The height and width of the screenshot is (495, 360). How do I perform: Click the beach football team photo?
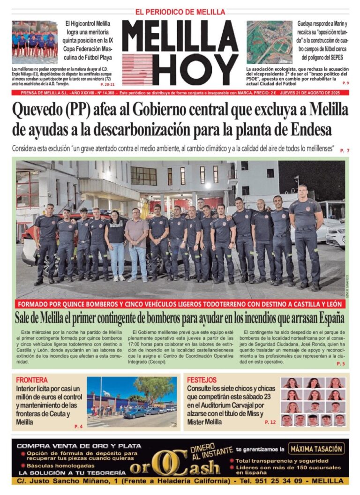[x=35, y=42]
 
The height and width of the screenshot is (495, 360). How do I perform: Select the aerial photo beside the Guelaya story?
[x=269, y=42]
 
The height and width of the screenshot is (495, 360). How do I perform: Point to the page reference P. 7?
[x=345, y=150]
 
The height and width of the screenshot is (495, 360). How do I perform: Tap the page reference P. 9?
[x=345, y=83]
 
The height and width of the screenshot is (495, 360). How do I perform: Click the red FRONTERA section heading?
[x=32, y=380]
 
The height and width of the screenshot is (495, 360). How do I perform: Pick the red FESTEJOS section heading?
[x=202, y=380]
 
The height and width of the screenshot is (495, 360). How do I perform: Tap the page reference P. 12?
[x=270, y=422]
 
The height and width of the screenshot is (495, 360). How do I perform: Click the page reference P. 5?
[x=340, y=364]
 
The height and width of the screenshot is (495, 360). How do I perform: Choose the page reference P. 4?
[x=78, y=426]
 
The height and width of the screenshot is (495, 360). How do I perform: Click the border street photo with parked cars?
[x=132, y=401]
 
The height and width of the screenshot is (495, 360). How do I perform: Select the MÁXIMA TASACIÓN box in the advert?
[x=316, y=449]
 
